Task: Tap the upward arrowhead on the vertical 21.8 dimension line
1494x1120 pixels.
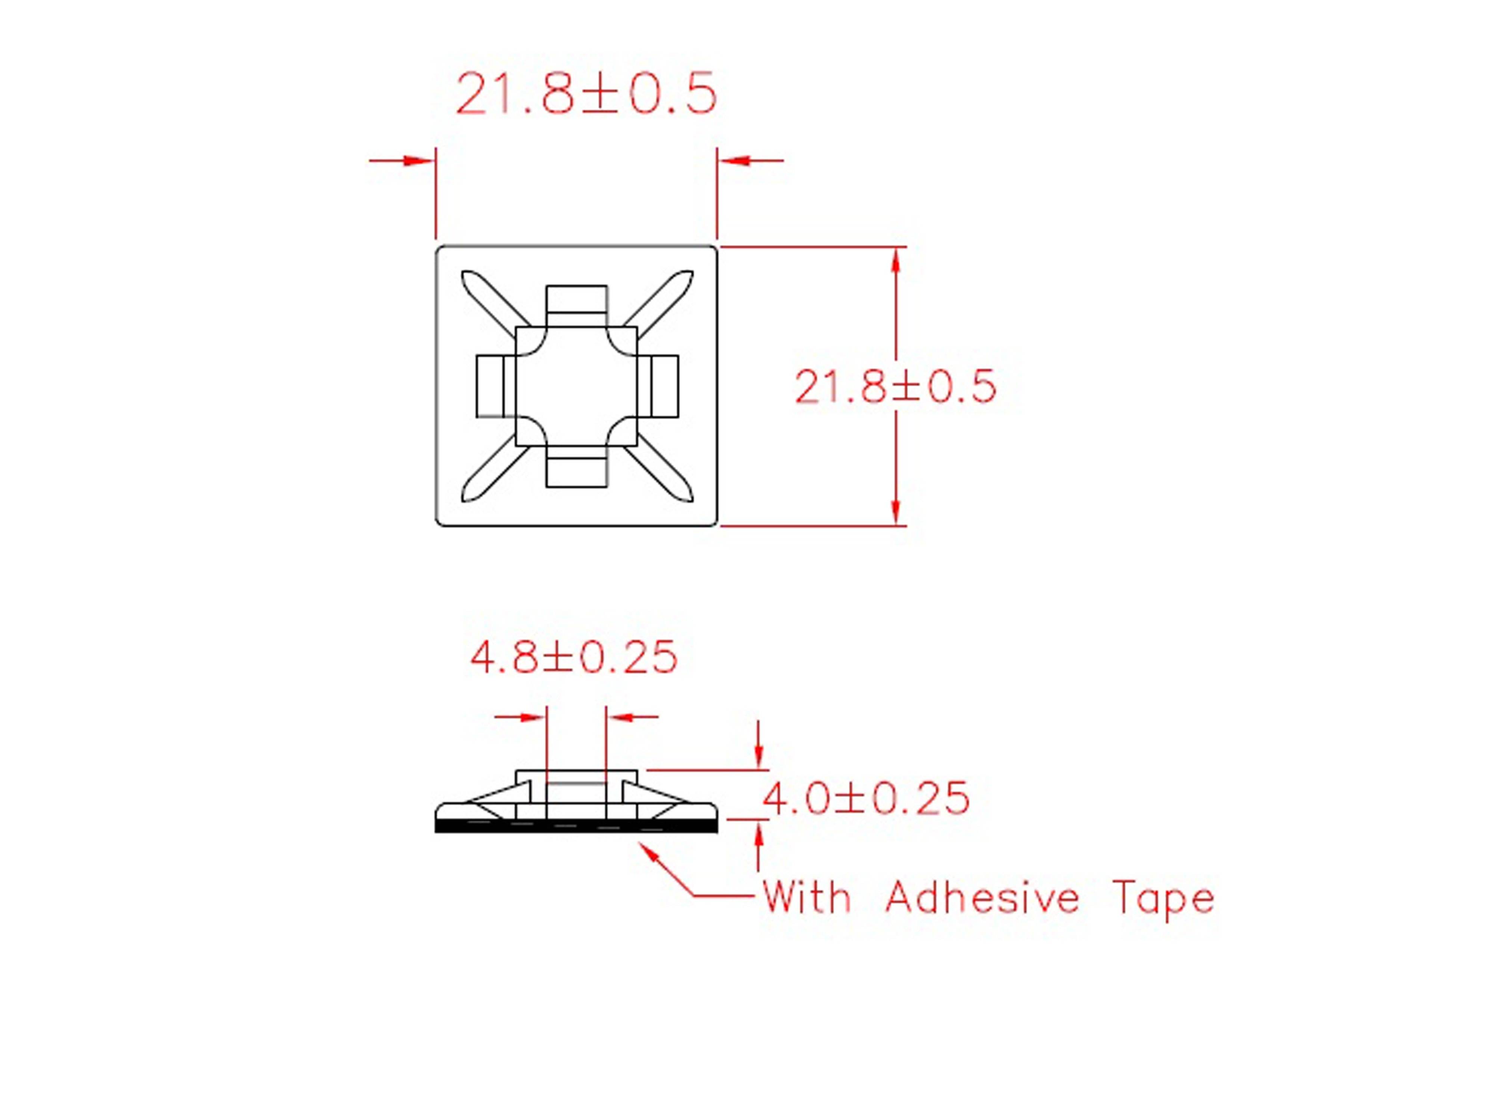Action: pyautogui.click(x=896, y=260)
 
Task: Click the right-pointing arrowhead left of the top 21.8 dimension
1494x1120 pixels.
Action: pyautogui.click(x=419, y=161)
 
